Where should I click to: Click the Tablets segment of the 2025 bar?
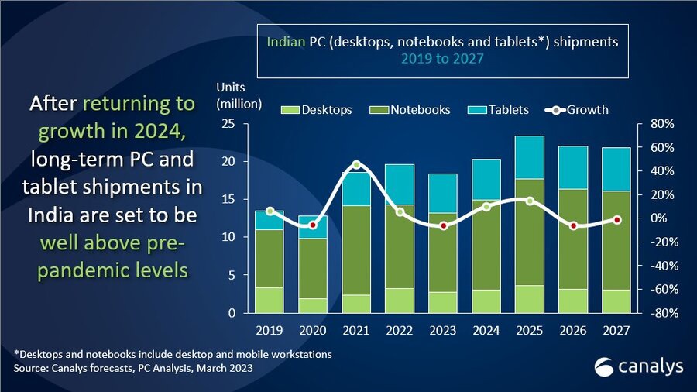[530, 157]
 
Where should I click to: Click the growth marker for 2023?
[443, 225]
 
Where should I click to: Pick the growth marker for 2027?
[617, 220]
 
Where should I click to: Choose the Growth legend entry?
[577, 110]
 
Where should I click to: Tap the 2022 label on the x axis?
[400, 331]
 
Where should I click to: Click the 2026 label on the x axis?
[573, 331]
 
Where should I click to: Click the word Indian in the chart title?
[286, 42]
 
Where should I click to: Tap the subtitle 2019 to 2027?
[442, 59]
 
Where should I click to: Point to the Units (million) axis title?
[239, 95]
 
